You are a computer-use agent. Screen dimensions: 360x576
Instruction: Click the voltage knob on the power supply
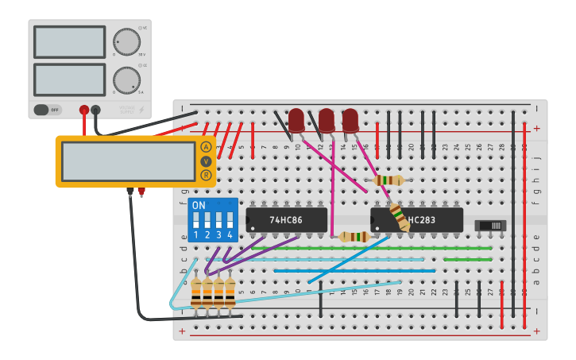pos(126,41)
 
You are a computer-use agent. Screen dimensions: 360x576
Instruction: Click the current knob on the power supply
pos(126,80)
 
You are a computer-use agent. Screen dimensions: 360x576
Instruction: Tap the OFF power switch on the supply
pos(48,110)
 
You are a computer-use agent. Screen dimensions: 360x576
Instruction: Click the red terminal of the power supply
pos(84,110)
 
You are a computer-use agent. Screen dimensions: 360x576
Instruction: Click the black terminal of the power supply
pos(96,110)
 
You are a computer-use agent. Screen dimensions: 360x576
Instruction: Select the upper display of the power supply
pos(69,41)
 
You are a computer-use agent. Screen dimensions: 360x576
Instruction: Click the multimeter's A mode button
pos(206,147)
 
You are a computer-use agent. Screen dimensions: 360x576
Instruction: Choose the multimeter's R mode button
pos(206,175)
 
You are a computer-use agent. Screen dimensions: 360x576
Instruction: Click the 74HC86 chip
pos(286,220)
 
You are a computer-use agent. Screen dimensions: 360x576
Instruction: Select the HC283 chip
pos(417,220)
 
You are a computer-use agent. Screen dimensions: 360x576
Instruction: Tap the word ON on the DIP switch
pos(199,205)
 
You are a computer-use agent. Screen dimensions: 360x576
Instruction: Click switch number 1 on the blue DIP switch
pos(196,223)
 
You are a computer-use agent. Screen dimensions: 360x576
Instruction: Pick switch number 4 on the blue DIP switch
pos(230,223)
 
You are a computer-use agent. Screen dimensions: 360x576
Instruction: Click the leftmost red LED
pos(296,120)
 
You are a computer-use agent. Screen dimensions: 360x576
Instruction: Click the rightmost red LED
pos(350,120)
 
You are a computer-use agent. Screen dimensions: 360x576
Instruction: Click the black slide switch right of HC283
pos(490,226)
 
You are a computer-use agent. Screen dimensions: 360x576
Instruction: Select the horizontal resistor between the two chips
pos(354,236)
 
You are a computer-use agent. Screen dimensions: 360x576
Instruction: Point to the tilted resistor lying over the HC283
pos(399,217)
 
